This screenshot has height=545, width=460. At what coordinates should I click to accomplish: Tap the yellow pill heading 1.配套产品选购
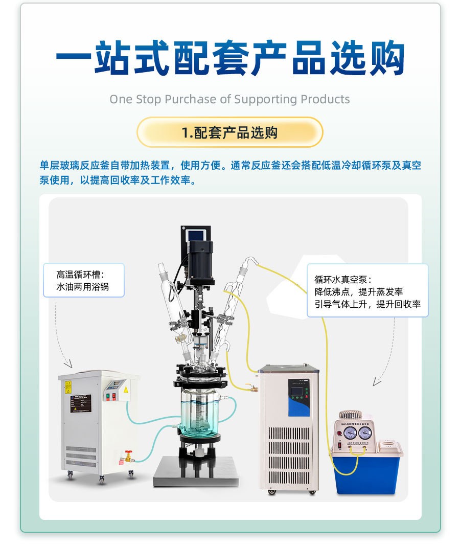pos(229,133)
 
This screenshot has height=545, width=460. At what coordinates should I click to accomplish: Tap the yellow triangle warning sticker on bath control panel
pos(125,390)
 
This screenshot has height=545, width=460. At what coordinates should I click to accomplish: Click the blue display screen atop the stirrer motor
pos(195,235)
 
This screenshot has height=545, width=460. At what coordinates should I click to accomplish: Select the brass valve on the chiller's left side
pos(249,388)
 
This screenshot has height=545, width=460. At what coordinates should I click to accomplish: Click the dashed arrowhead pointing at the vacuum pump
pos(376,381)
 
